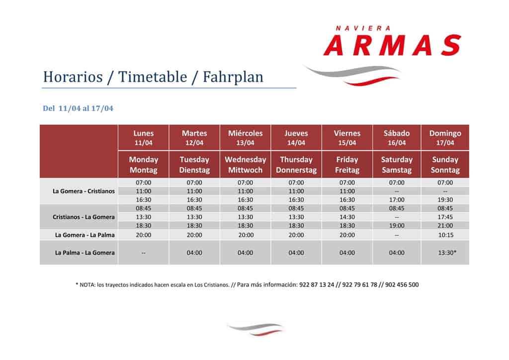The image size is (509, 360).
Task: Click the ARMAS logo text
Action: point(392,45)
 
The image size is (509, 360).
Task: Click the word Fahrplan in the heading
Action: point(233,77)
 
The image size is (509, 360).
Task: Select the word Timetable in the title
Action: point(153,77)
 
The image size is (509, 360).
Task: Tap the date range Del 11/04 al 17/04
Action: point(78,108)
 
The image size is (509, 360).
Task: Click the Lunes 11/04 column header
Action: point(144,138)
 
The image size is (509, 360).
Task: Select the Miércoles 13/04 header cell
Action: point(245,138)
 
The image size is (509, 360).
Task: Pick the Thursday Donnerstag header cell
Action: point(296,165)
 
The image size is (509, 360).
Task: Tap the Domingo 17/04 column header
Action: point(445,138)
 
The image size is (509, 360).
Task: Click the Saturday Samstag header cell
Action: point(397,165)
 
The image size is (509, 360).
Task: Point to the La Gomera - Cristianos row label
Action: point(84,191)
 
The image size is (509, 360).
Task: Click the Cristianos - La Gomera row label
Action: point(84,217)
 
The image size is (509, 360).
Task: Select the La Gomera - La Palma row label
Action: point(85,235)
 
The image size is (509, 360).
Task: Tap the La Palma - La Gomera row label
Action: point(85,253)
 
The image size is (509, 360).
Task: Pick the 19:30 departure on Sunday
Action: point(445,199)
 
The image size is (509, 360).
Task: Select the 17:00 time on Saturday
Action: point(397,199)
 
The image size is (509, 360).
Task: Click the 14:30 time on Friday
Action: point(347,217)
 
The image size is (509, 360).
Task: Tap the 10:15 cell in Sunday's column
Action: point(446,235)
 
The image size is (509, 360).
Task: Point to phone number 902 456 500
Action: point(402,285)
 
